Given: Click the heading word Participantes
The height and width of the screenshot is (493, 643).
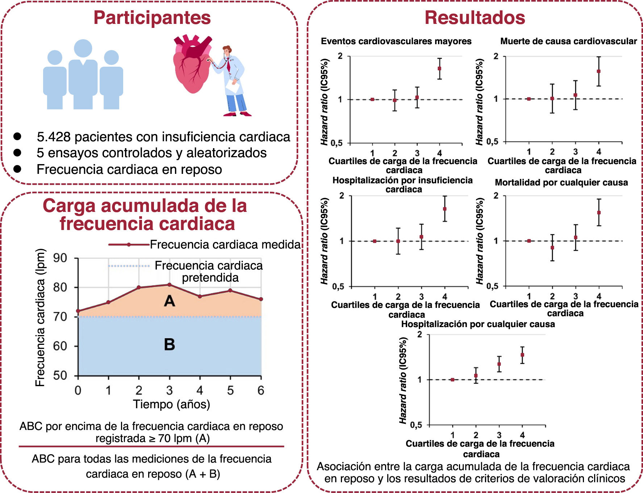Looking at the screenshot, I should pyautogui.click(x=152, y=18).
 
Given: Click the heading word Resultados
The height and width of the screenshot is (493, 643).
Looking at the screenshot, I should pyautogui.click(x=475, y=18).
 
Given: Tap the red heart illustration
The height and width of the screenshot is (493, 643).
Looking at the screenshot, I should pyautogui.click(x=192, y=65).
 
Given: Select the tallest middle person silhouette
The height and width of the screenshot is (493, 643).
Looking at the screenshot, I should pyautogui.click(x=83, y=74).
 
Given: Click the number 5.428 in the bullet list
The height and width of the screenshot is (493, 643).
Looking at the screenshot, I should pyautogui.click(x=54, y=137).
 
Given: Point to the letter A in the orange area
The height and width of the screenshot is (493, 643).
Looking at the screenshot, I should pyautogui.click(x=169, y=301).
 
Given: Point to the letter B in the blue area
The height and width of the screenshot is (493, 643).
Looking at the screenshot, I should pyautogui.click(x=169, y=344).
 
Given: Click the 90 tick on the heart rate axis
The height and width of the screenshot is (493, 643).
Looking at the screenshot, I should pyautogui.click(x=60, y=258).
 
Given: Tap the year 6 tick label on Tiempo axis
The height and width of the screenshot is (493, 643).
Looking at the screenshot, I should pyautogui.click(x=260, y=390).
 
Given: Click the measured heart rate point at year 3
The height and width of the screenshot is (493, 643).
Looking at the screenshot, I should pyautogui.click(x=170, y=285).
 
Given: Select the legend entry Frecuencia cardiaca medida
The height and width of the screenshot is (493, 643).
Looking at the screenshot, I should pyautogui.click(x=225, y=245).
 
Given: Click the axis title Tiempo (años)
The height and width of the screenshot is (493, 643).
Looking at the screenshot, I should pyautogui.click(x=171, y=404).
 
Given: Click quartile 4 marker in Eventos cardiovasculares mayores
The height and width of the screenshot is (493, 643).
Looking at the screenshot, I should pyautogui.click(x=439, y=68).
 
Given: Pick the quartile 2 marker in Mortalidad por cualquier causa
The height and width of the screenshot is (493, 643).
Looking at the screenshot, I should pyautogui.click(x=552, y=248).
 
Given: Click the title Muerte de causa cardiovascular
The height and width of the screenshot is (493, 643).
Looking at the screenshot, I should pyautogui.click(x=568, y=41).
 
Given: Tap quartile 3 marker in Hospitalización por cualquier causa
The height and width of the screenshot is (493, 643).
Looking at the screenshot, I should pyautogui.click(x=499, y=364).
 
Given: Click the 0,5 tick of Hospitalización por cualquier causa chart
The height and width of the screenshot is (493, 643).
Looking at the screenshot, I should pyautogui.click(x=416, y=425).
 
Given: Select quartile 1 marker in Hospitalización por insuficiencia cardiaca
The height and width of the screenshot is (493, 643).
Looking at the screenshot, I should pyautogui.click(x=375, y=241).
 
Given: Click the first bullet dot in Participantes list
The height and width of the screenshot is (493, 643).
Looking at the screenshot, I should pyautogui.click(x=17, y=137).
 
